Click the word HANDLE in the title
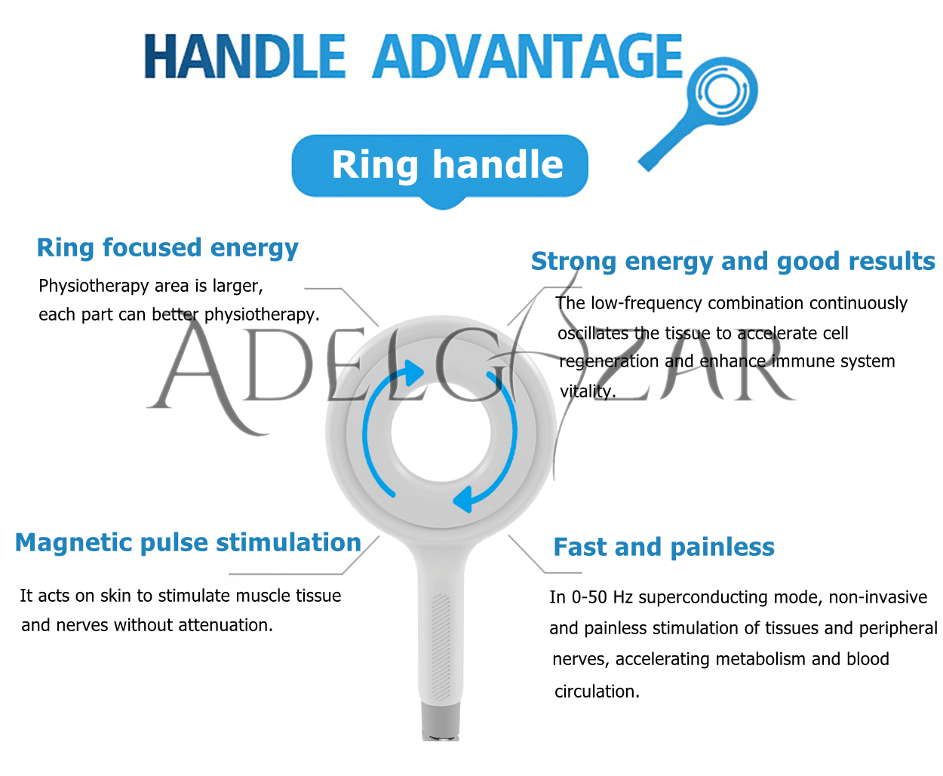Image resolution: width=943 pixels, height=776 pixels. point(244,56)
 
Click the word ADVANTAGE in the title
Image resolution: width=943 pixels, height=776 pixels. point(527,56)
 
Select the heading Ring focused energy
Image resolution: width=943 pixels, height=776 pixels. point(167,247)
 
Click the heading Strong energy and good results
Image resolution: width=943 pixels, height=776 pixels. point(733,261)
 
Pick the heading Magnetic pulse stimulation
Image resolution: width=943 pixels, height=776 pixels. point(189,543)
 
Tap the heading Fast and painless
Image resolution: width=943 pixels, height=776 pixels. point(664,547)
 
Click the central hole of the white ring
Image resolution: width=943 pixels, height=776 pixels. point(441,432)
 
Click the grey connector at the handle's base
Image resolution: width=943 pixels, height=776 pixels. point(441,721)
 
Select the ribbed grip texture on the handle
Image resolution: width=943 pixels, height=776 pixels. point(441,647)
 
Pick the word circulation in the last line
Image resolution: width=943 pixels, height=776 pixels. point(597,692)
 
